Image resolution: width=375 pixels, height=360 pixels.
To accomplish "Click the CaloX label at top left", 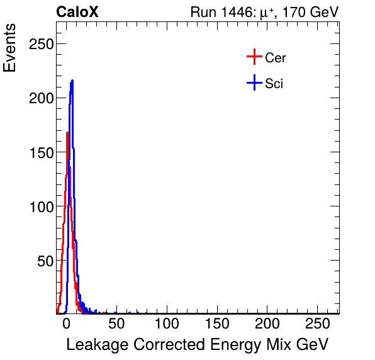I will [77, 12].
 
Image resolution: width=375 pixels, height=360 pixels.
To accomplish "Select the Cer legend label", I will [276, 58].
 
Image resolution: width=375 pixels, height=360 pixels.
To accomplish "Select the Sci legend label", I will [274, 83].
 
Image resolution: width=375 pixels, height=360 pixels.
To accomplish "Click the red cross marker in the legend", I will [254, 57].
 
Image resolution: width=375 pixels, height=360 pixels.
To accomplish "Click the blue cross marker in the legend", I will [254, 82].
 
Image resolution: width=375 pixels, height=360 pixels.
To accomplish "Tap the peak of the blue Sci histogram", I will [72, 81].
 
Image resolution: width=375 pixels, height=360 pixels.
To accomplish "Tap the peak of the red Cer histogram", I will [67, 132].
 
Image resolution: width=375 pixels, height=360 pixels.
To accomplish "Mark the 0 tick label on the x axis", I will [66, 324].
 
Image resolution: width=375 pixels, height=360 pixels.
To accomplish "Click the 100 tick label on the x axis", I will [167, 324].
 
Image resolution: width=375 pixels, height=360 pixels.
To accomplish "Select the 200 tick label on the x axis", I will [267, 324].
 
